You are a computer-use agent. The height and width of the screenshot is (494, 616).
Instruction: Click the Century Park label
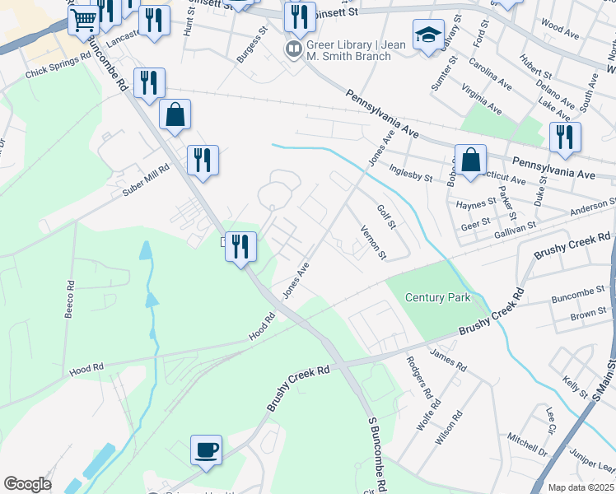click(439, 297)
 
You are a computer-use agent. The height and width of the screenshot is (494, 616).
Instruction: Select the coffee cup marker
click(207, 450)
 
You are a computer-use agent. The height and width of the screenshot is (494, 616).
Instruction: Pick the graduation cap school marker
click(428, 35)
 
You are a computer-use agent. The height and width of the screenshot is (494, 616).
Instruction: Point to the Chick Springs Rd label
click(56, 72)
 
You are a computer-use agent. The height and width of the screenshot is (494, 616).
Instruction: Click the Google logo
click(27, 484)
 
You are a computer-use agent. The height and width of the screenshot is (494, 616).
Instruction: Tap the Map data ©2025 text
click(580, 487)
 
